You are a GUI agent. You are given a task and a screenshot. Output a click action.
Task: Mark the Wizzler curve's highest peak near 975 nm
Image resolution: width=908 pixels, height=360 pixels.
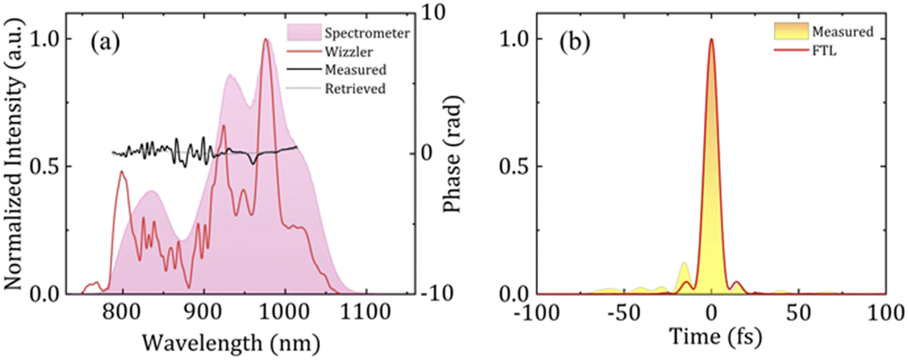(266, 40)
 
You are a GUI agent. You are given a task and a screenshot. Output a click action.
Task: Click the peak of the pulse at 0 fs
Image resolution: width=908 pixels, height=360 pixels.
(711, 40)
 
